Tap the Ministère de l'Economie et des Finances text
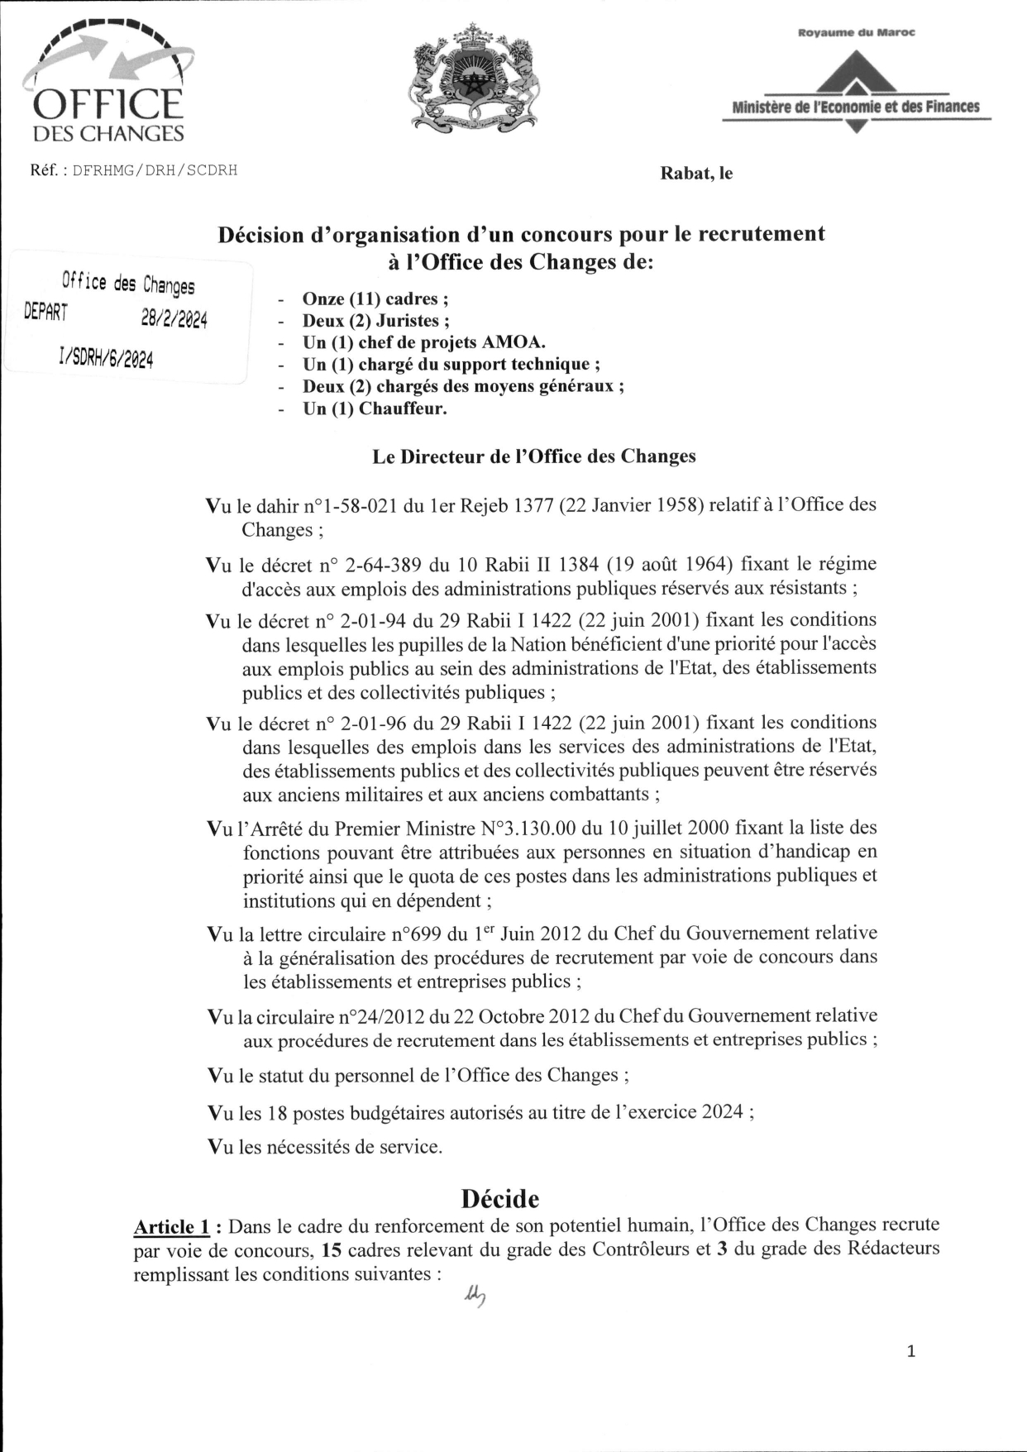pos(856,107)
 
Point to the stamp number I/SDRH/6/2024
pos(107,357)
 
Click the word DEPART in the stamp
pos(47,312)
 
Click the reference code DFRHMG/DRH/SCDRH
pos(155,170)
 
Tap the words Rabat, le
pos(695,174)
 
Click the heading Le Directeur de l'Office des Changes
pos(533,456)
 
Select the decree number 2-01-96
pos(375,724)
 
